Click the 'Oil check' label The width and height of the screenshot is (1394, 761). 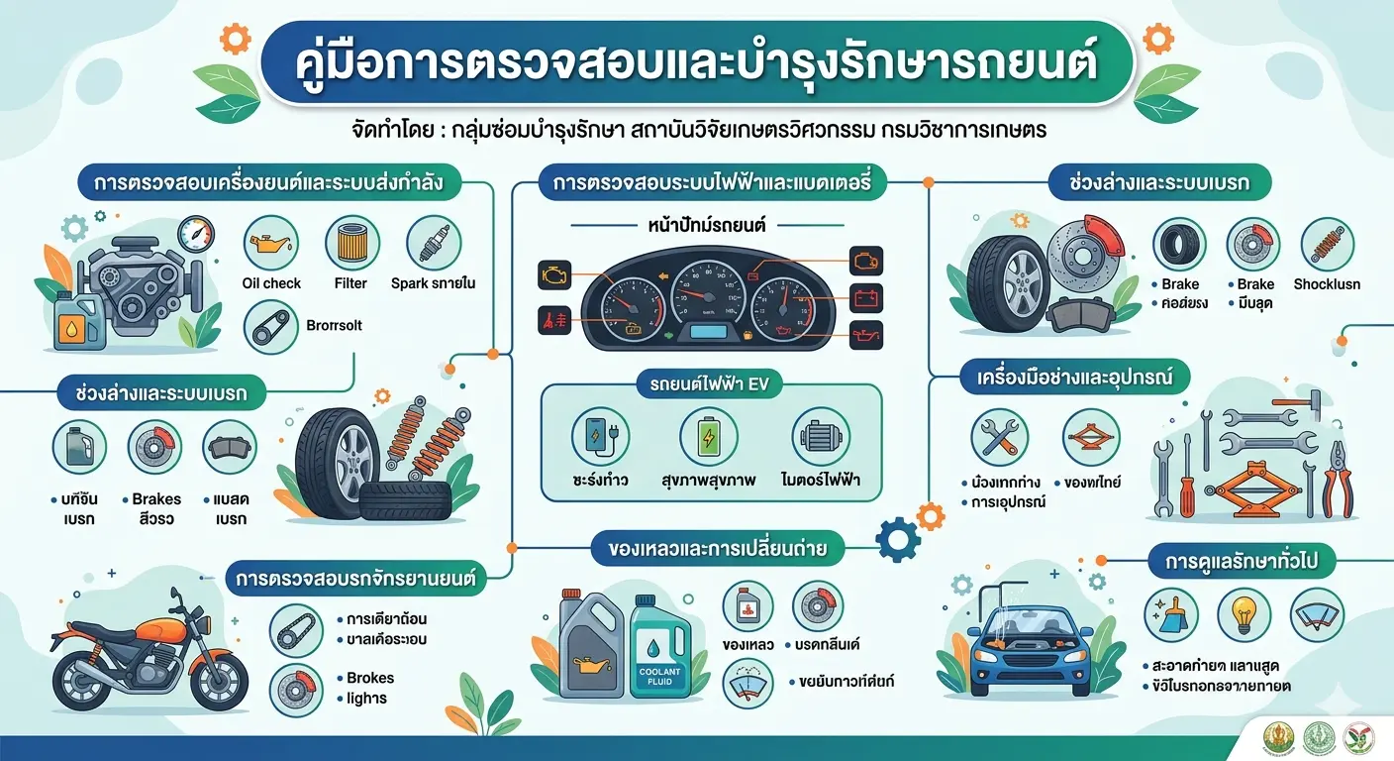(x=270, y=283)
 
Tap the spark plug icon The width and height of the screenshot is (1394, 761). (x=433, y=243)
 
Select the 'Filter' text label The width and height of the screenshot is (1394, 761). (x=350, y=283)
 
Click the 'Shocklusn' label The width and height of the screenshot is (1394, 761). (x=1327, y=284)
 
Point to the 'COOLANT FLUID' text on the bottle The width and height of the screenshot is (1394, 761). (x=658, y=676)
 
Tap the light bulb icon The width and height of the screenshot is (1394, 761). (x=1244, y=615)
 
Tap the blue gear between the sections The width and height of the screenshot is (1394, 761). (x=898, y=541)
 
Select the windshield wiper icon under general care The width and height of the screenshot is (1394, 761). (x=1317, y=615)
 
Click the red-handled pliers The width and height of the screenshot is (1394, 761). (x=1338, y=481)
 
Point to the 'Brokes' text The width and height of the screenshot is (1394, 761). (x=370, y=678)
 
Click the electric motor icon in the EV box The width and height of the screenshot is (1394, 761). (x=822, y=436)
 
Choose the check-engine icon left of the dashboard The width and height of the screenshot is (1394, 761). (x=549, y=274)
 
